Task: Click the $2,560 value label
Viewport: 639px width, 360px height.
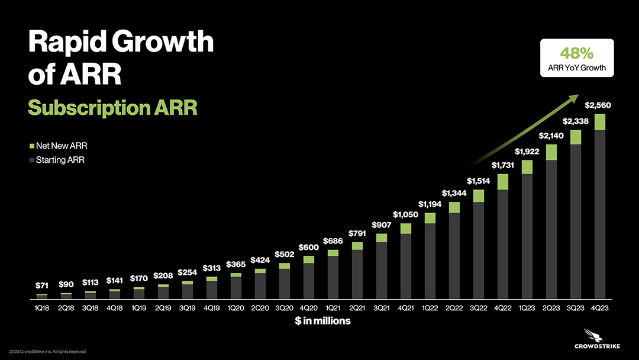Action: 598,105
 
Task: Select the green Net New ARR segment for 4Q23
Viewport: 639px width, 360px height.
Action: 600,122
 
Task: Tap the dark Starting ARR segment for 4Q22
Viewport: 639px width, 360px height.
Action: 502,245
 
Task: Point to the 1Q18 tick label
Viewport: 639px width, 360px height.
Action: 41,308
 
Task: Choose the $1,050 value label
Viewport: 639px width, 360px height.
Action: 405,214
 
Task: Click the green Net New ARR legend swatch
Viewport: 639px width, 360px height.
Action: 31,146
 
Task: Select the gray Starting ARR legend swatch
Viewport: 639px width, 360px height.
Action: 31,160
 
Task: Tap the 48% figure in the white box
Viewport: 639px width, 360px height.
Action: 577,53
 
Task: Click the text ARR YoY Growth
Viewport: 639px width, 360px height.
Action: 577,67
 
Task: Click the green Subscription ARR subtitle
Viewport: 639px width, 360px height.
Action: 112,108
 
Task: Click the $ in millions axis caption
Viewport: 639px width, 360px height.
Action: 322,321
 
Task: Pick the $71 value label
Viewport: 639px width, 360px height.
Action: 41,286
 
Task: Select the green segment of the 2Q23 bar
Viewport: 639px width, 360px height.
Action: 551,152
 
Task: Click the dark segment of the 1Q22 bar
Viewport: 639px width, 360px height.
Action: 430,262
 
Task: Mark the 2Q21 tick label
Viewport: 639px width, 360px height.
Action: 357,308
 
